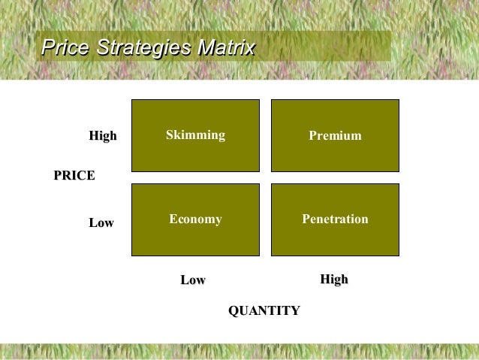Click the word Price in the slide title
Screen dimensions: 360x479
[x=65, y=49]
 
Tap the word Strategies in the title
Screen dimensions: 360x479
[x=140, y=49]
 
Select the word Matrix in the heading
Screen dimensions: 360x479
[x=224, y=49]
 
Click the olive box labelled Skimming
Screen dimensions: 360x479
[x=195, y=154]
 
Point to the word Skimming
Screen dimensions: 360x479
[x=195, y=135]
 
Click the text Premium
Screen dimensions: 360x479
[x=335, y=136]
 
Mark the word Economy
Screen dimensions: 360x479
[x=195, y=219]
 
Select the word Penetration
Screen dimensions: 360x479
[x=335, y=219]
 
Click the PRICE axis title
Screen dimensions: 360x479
[x=74, y=176]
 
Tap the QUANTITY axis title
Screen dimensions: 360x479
[x=264, y=311]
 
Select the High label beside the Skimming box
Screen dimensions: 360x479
[x=103, y=136]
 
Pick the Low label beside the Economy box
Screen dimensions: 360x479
[x=101, y=223]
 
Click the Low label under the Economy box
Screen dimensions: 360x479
[x=193, y=280]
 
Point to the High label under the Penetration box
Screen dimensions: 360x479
[x=334, y=280]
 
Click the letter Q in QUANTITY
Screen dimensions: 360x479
[x=233, y=311]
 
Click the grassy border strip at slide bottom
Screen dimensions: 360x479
[x=239, y=352]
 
